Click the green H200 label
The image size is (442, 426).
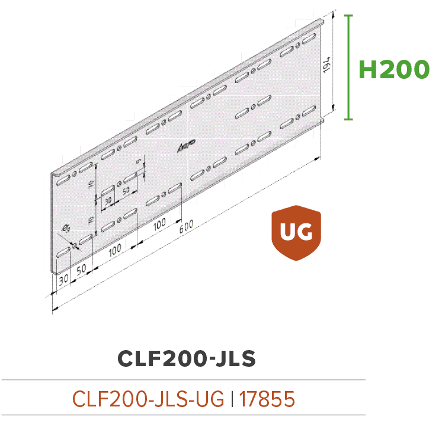[394, 69]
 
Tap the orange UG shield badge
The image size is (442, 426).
[296, 233]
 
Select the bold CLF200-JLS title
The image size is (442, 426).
[187, 358]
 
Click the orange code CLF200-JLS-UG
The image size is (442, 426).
[148, 399]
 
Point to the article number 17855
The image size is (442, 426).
[268, 399]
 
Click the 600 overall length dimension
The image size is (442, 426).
[186, 225]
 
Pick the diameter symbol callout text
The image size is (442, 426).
[66, 229]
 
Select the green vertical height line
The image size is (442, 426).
[348, 66]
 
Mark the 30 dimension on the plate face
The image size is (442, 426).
[107, 201]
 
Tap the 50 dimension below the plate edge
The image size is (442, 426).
[82, 268]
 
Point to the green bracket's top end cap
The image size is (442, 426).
[348, 15]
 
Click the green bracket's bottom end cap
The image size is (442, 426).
[348, 119]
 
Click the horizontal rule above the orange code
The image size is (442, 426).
[183, 379]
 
